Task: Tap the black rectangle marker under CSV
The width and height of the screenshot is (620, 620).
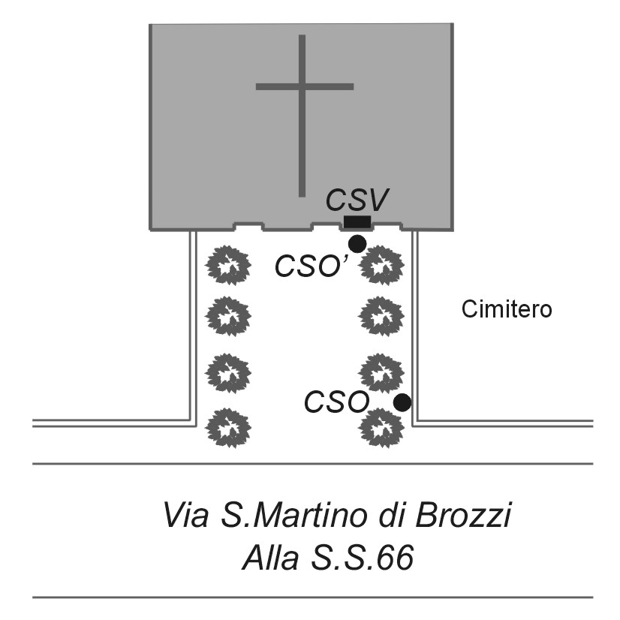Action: pyautogui.click(x=357, y=222)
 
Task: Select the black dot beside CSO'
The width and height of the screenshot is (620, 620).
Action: pyautogui.click(x=357, y=243)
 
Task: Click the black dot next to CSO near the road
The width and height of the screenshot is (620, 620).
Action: pyautogui.click(x=402, y=402)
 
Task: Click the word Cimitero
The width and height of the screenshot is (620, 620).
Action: pyautogui.click(x=507, y=308)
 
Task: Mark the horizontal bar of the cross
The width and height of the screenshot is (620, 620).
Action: pyautogui.click(x=304, y=86)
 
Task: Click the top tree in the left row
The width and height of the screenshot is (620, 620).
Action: pyautogui.click(x=227, y=265)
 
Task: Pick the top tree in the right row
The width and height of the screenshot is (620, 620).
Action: pyautogui.click(x=382, y=265)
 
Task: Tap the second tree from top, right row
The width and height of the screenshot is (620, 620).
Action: pyautogui.click(x=382, y=314)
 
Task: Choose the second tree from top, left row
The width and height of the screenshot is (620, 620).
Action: pyautogui.click(x=227, y=314)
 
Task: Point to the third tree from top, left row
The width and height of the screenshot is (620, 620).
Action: pyautogui.click(x=227, y=371)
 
